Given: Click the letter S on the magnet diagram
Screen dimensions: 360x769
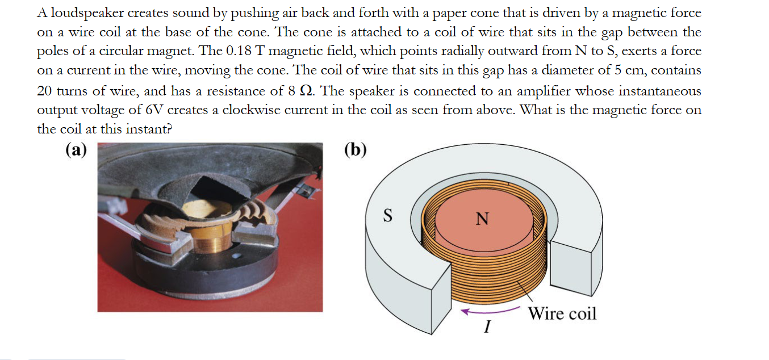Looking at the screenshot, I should (388, 216).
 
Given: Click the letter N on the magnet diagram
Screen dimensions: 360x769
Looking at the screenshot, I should (482, 219).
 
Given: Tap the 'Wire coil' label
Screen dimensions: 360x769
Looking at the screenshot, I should (562, 313).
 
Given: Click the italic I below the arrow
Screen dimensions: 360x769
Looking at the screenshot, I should (487, 328).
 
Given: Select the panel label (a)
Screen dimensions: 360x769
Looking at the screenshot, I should (76, 149).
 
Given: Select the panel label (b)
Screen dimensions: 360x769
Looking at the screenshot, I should (356, 149).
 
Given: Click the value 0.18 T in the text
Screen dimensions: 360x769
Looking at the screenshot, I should (243, 51).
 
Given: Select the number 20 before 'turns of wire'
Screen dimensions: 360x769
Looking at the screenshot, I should (45, 91).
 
